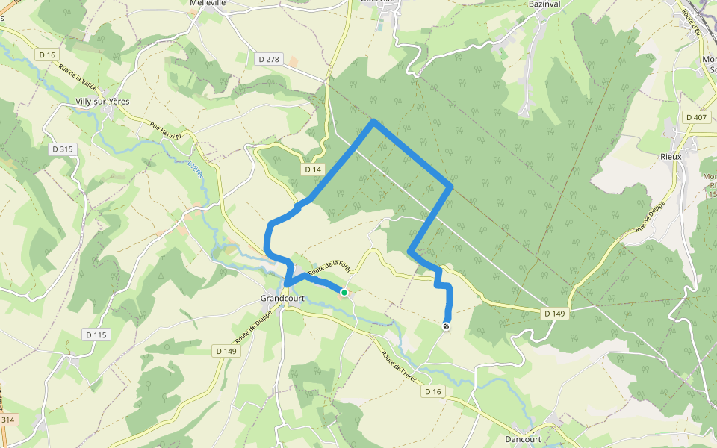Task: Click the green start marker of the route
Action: pyautogui.click(x=344, y=293)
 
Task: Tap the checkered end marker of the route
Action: pyautogui.click(x=447, y=326)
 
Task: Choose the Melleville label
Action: pyautogui.click(x=208, y=4)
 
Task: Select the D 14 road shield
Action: pyautogui.click(x=313, y=169)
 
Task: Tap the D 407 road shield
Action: pyautogui.click(x=695, y=117)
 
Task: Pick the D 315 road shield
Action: pyautogui.click(x=63, y=149)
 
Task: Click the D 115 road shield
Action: pyautogui.click(x=97, y=335)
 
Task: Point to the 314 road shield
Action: pyautogui.click(x=7, y=420)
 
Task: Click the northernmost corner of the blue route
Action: pyautogui.click(x=373, y=121)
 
